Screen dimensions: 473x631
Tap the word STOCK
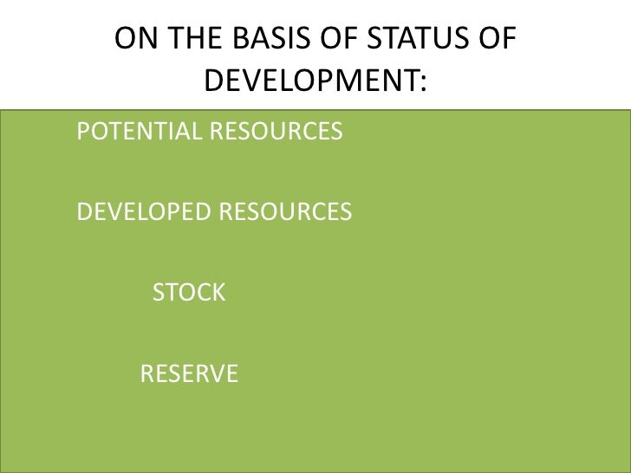[x=189, y=293]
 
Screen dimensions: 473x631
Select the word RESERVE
[x=189, y=374]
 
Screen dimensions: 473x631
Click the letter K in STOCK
[x=218, y=293]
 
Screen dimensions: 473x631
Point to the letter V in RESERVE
[x=209, y=374]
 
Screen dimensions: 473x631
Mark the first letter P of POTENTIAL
[x=83, y=133]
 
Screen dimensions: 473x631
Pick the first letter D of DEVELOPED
[x=84, y=212]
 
